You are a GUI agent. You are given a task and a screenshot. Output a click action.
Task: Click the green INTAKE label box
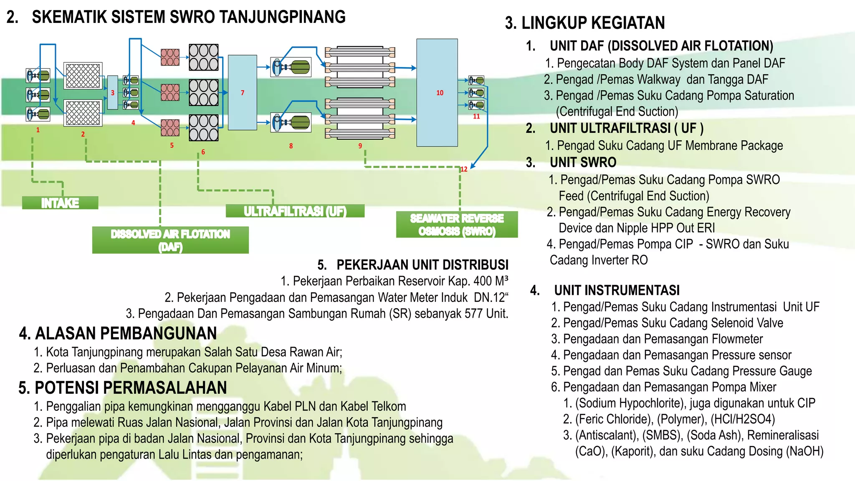60,203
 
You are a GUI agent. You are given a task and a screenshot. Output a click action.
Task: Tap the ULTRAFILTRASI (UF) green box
295,211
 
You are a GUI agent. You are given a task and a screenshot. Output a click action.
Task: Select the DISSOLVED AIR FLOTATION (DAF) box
170,240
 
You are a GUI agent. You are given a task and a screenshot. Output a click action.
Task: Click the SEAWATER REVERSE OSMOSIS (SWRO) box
457,225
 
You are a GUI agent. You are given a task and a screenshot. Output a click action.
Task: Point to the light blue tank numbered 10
437,93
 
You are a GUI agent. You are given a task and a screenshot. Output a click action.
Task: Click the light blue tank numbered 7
242,93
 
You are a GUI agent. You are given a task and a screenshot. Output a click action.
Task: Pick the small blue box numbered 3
112,93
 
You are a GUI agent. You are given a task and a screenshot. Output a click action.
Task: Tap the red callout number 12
464,169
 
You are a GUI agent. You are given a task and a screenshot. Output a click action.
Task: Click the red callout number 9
360,146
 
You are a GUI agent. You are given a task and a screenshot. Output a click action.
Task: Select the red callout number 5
172,145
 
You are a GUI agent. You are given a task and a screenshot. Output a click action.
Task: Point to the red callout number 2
83,134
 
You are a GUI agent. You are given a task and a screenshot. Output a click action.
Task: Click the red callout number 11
476,116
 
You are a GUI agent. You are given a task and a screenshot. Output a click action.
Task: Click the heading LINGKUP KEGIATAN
593,23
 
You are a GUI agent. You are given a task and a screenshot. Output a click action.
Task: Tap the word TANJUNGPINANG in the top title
282,17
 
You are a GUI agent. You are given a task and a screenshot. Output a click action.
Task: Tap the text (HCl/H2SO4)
743,419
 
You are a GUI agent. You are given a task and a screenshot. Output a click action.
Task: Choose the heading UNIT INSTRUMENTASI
617,290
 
